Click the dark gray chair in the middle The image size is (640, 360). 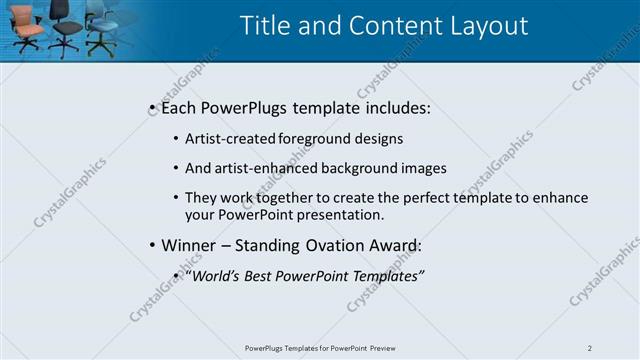(x=65, y=28)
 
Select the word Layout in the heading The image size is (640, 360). (x=485, y=26)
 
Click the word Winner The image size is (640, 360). (x=190, y=245)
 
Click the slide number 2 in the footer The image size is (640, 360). (x=589, y=348)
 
